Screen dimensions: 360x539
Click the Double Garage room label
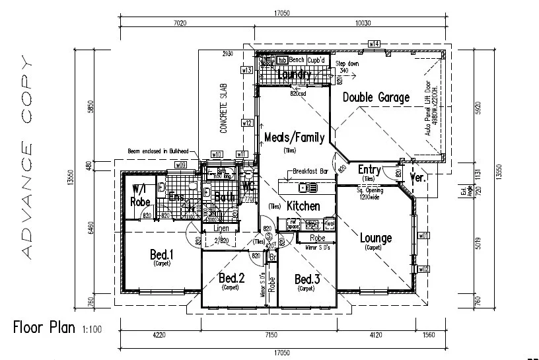pos(375,98)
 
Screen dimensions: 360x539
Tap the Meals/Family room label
pos(294,137)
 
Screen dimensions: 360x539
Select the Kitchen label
pos(303,206)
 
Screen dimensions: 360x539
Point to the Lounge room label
pos(375,238)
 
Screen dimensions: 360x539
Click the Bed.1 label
pos(161,254)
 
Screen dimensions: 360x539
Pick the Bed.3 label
pos(307,279)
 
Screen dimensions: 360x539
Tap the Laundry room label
pos(294,75)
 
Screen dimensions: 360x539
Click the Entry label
pos(369,170)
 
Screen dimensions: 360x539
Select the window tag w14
pos(374,44)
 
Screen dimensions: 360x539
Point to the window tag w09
pos(180,164)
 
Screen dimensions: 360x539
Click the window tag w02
pos(424,269)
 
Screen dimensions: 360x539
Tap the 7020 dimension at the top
pos(179,22)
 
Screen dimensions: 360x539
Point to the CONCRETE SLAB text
pos(224,108)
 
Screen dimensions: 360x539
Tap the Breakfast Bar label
pos(310,171)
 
